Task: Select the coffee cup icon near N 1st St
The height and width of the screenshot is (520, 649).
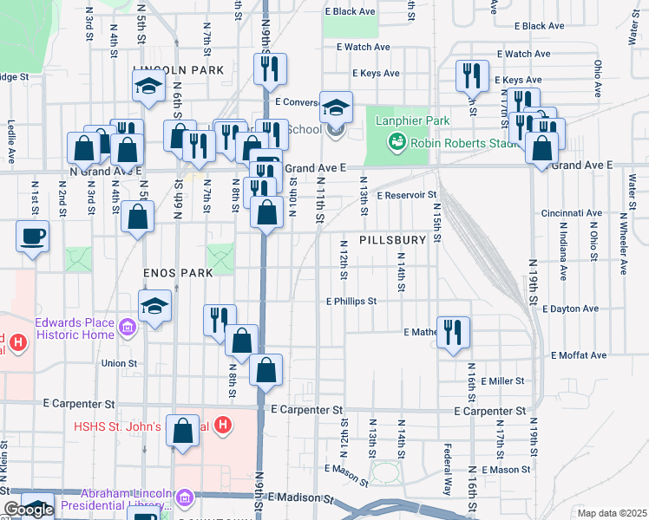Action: pos(33,237)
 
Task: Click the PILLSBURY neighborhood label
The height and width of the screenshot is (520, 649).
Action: pos(395,239)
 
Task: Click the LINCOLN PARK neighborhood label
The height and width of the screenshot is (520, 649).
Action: pos(179,69)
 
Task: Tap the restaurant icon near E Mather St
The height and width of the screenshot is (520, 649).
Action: pos(453,333)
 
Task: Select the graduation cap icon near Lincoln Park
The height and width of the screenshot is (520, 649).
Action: pos(149,86)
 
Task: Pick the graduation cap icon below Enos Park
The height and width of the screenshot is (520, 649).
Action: pos(155,306)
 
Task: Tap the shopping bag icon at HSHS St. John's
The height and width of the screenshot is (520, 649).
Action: pos(183,431)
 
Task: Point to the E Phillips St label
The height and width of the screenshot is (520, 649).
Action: pos(351,302)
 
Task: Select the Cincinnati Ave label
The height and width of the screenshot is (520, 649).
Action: pos(571,212)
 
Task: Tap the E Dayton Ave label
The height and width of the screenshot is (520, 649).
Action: pos(570,309)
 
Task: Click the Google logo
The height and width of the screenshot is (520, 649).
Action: pos(29,510)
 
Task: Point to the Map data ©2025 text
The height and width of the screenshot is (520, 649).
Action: pos(612,513)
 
